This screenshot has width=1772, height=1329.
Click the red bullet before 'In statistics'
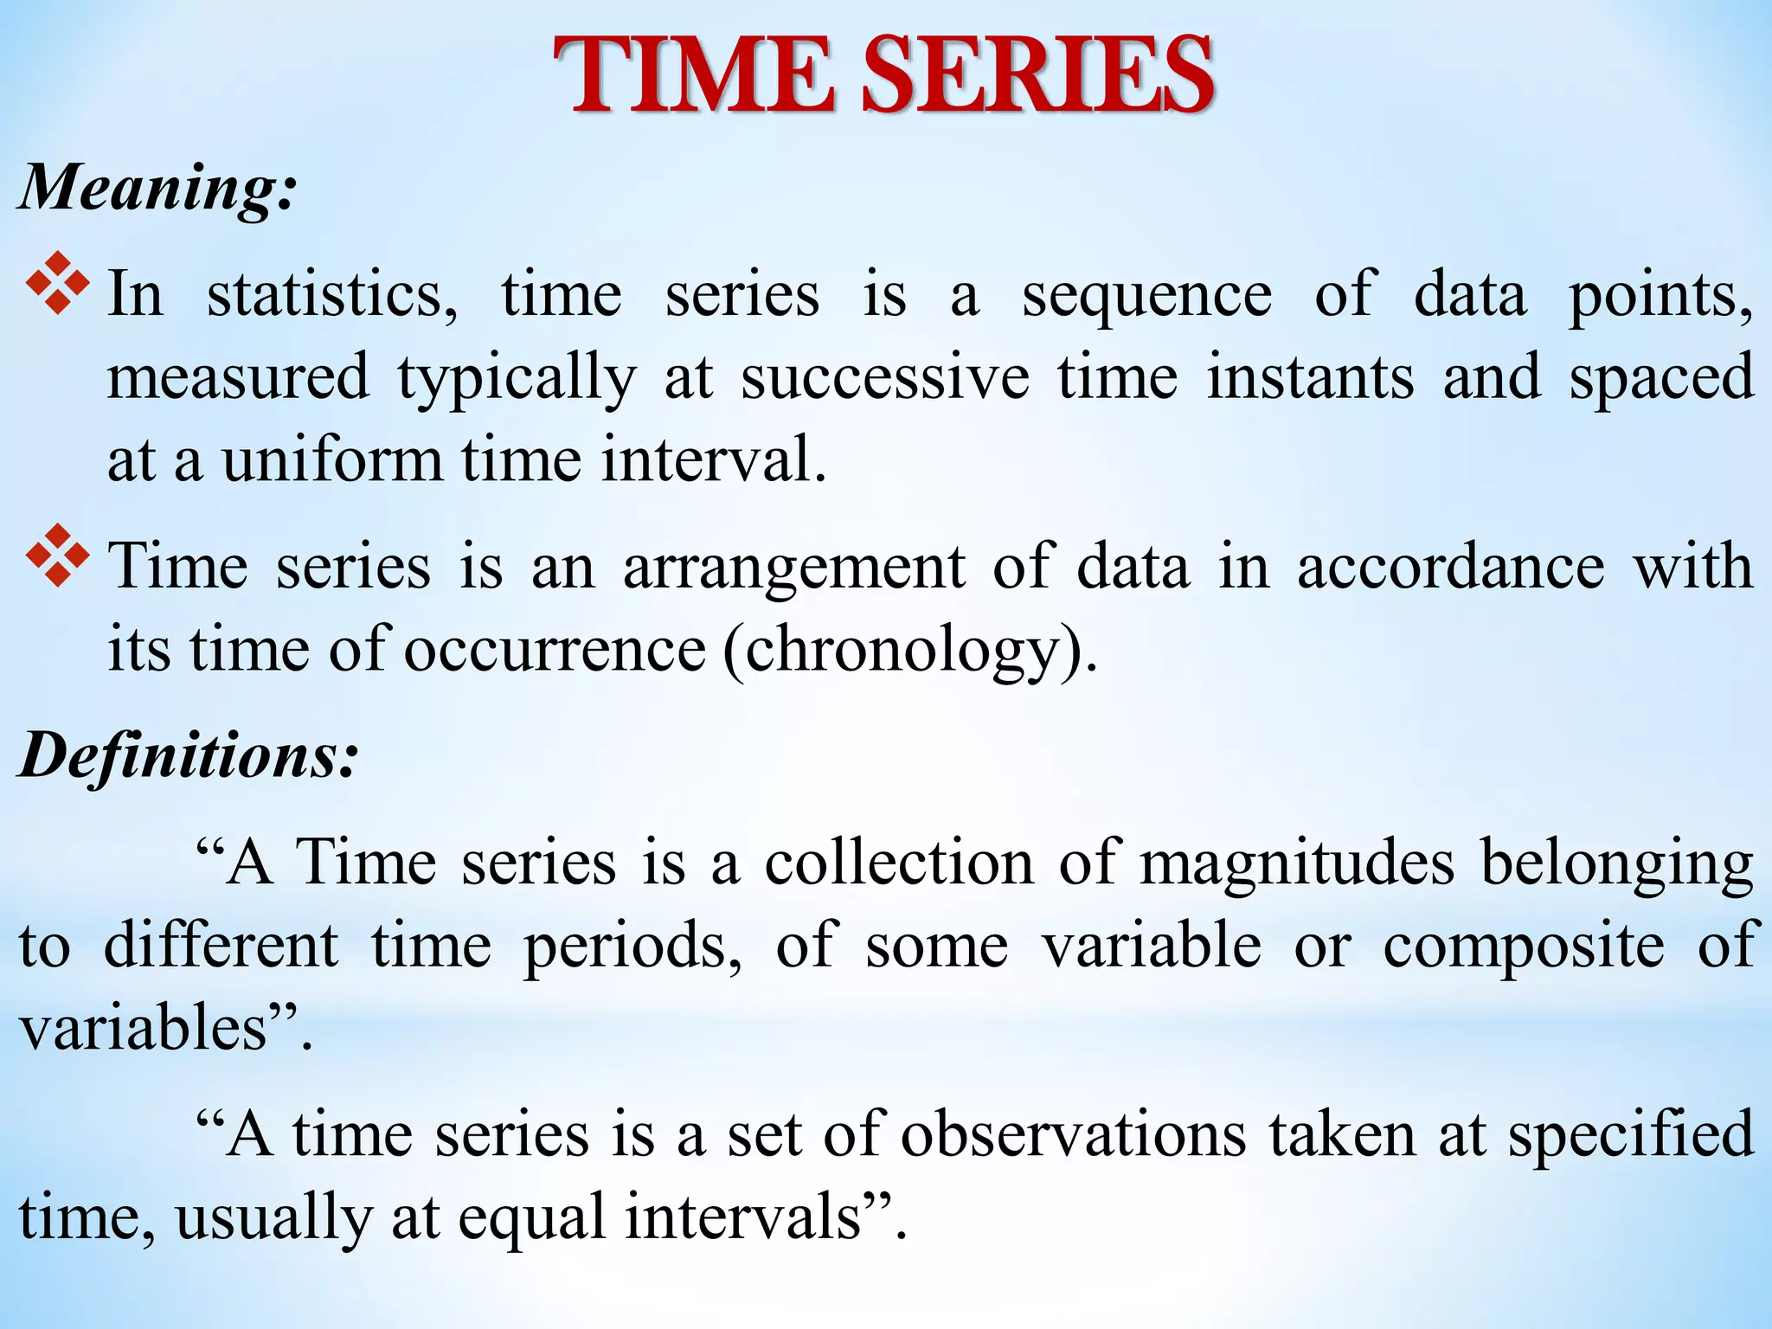tap(58, 283)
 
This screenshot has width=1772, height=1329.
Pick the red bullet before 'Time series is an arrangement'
tap(58, 555)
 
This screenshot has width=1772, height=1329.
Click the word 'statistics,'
tap(332, 295)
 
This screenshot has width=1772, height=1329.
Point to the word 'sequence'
tap(1146, 295)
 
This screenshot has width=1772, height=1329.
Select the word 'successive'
tap(885, 378)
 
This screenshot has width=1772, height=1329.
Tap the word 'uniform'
tap(332, 459)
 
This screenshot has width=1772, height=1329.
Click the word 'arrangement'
tap(793, 567)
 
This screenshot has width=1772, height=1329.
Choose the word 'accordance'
tap(1451, 567)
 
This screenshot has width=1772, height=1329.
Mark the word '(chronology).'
tap(910, 651)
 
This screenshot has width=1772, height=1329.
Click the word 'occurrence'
tap(555, 649)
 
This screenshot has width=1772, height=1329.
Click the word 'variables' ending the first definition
tap(144, 1029)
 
